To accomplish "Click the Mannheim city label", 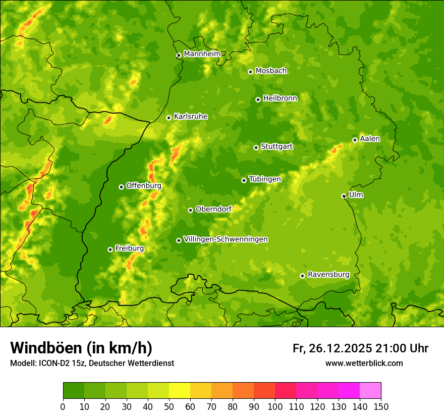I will click(202, 54).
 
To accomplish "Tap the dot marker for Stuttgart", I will click(256, 147).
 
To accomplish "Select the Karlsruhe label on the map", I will click(190, 117).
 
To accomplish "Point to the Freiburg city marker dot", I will click(110, 249).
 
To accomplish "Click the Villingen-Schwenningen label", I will click(226, 239).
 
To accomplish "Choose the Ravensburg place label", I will click(328, 275).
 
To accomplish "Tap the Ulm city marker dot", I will click(344, 196).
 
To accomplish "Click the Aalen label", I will click(369, 139).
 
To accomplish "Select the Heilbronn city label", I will click(280, 98).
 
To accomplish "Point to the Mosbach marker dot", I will click(250, 72).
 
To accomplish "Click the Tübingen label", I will click(264, 179).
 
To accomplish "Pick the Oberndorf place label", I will click(213, 209).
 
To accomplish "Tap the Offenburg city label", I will click(143, 186).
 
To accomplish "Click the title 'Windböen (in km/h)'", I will click(81, 348).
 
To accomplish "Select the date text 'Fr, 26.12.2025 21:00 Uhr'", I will click(360, 348).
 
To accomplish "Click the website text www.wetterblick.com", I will click(364, 363).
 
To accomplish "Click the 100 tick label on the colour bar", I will click(274, 406).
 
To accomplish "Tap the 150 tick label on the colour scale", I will click(380, 406).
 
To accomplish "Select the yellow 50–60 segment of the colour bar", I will click(180, 391).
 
